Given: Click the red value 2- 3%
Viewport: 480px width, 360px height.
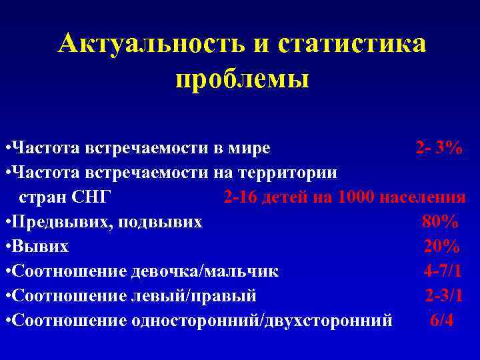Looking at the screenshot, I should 438,147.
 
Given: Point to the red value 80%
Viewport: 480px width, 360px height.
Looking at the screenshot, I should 439,221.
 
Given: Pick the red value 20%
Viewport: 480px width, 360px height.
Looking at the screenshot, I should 441,246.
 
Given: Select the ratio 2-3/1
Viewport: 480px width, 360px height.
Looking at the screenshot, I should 444,295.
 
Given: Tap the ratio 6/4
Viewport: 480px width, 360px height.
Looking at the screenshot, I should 442,320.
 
